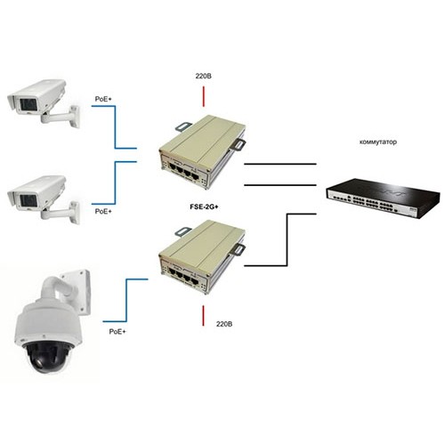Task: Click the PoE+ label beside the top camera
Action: (103, 99)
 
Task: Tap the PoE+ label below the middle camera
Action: (103, 212)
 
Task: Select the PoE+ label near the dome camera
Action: (117, 332)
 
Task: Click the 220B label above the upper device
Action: (204, 77)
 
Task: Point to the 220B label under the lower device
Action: (224, 324)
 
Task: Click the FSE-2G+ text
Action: (204, 207)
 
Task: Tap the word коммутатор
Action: (378, 142)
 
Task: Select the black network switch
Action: (383, 198)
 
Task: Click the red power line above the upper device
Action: (204, 96)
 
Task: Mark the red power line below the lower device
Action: (203, 316)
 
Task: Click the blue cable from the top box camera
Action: (115, 127)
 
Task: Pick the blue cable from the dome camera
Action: (126, 300)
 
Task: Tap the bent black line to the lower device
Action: (287, 239)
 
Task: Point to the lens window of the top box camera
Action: (28, 105)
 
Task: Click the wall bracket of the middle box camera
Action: (61, 212)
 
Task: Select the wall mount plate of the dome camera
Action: (76, 292)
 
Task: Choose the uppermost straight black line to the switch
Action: (280, 164)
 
